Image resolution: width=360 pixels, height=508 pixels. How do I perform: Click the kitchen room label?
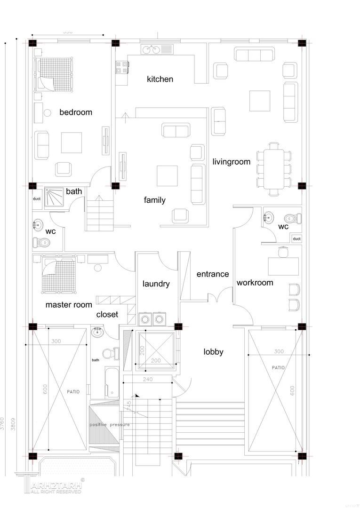(x=160, y=79)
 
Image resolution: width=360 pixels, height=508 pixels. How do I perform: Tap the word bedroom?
(x=76, y=112)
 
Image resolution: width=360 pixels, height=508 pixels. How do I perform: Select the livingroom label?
(x=231, y=162)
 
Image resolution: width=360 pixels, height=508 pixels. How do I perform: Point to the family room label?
(x=155, y=200)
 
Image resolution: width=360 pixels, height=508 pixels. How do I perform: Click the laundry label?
(x=156, y=284)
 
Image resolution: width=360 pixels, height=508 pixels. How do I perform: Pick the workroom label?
(x=255, y=283)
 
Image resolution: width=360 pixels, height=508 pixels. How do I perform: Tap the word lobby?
(x=213, y=352)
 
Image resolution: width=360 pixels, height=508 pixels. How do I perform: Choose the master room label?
(x=69, y=305)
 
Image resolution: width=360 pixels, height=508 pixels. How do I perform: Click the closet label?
(x=107, y=314)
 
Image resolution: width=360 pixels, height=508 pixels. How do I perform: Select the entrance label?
(x=213, y=274)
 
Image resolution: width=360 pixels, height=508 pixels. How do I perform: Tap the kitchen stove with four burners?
(x=122, y=67)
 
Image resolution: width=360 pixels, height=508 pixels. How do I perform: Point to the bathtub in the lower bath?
(x=112, y=382)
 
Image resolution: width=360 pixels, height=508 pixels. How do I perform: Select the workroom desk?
(x=283, y=266)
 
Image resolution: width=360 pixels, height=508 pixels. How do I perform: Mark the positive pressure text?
(x=110, y=425)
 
